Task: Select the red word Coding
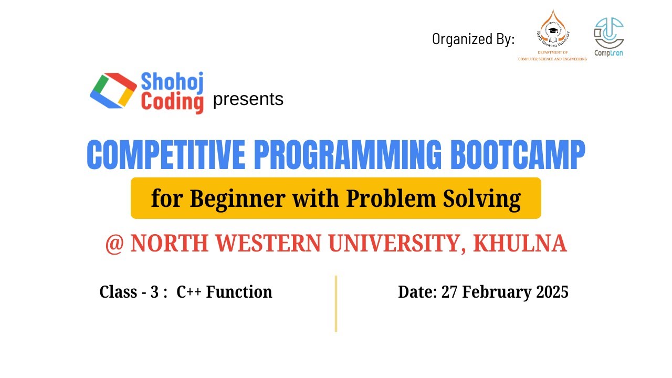coord(172,102)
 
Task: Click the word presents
coord(248,99)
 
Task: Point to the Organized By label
coord(473,39)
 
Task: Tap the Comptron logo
coord(608,37)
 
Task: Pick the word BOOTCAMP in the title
coord(517,155)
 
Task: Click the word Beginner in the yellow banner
coord(238,199)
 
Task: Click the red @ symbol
coord(114,245)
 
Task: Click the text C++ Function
coord(224,292)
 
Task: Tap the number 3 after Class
coord(154,292)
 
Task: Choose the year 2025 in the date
coord(552,292)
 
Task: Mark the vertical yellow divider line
coord(336,303)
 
